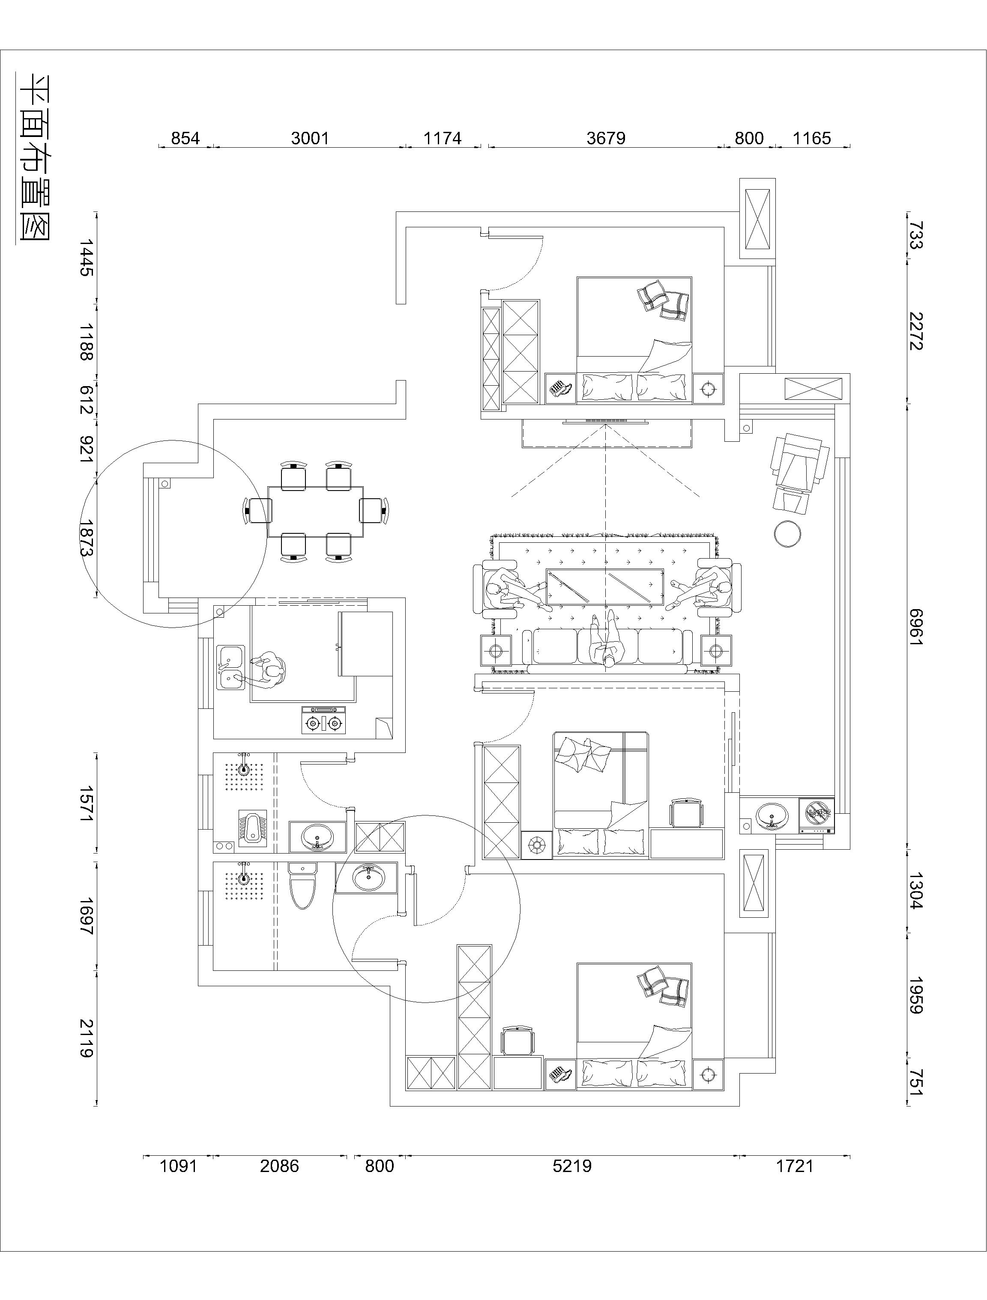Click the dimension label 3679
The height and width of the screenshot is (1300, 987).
(x=605, y=138)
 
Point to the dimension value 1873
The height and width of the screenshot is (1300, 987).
(x=87, y=537)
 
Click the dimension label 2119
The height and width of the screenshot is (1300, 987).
(x=87, y=1038)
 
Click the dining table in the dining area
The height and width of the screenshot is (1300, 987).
(x=315, y=511)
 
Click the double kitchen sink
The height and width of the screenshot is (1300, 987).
(x=231, y=667)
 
